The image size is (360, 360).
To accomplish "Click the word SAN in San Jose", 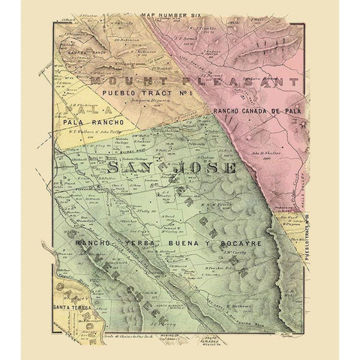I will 127,169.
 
